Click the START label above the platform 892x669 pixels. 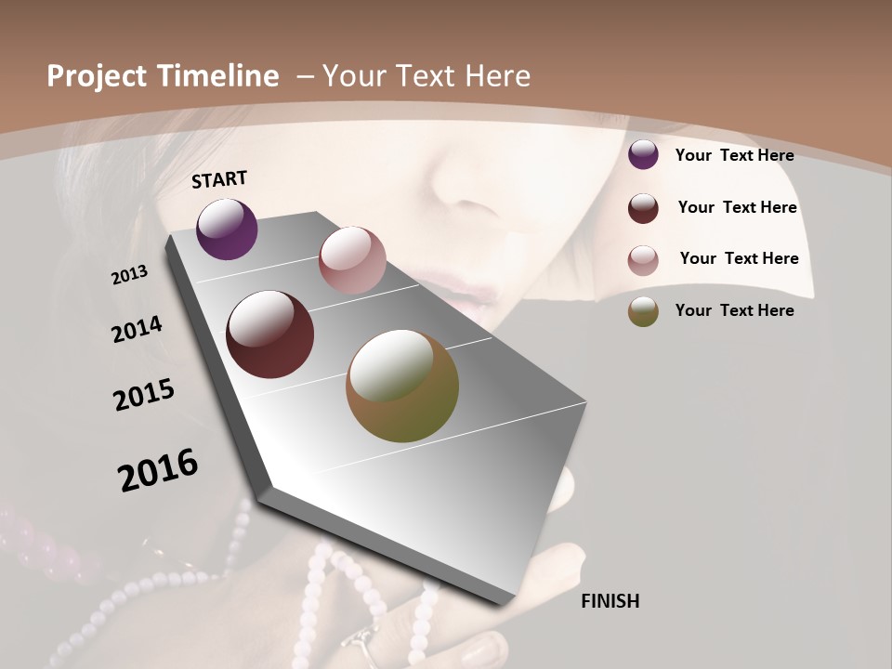219,179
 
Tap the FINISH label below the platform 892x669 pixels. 610,601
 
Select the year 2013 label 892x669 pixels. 130,274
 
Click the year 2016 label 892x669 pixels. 158,470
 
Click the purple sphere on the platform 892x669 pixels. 228,230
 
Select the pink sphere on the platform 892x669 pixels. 352,260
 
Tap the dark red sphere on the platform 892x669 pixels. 270,334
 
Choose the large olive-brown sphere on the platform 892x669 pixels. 402,386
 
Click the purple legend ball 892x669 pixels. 643,155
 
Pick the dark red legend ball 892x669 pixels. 643,208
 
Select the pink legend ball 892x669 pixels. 643,260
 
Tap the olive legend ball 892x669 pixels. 643,311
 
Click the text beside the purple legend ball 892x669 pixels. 734,156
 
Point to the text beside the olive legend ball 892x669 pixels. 734,310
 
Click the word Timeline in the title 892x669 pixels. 217,76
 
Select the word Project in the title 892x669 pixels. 97,76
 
